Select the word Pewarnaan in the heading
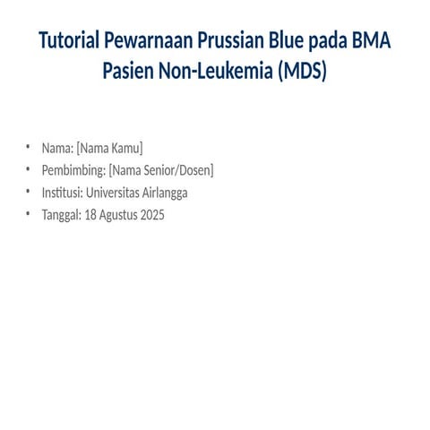point(155,41)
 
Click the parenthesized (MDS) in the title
point(302,70)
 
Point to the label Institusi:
point(62,193)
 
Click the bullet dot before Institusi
point(28,193)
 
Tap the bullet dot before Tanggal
point(28,215)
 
